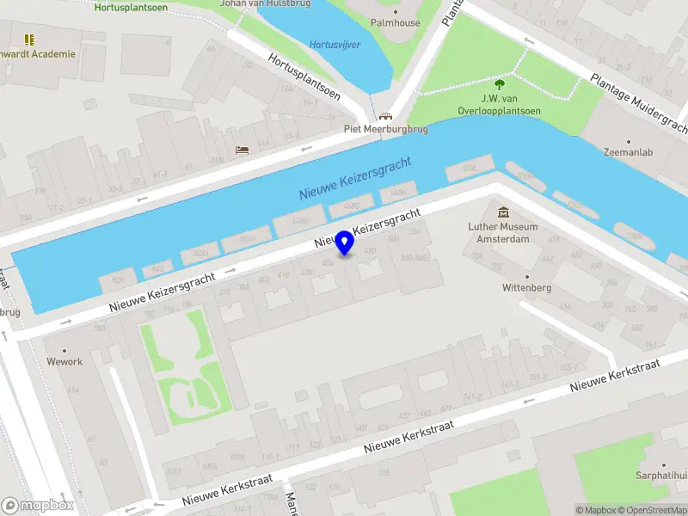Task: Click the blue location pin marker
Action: point(345,243)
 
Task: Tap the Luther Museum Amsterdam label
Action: point(503,232)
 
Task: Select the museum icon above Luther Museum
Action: point(503,212)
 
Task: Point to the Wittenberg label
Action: point(526,288)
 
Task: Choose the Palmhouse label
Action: point(395,22)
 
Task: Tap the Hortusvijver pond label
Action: point(335,45)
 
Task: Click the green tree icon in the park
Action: point(499,83)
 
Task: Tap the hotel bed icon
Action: point(243,150)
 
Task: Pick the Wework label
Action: point(64,361)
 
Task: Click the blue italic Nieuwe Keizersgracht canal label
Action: point(355,178)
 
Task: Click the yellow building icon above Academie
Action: point(30,40)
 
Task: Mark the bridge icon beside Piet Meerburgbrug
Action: point(385,116)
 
